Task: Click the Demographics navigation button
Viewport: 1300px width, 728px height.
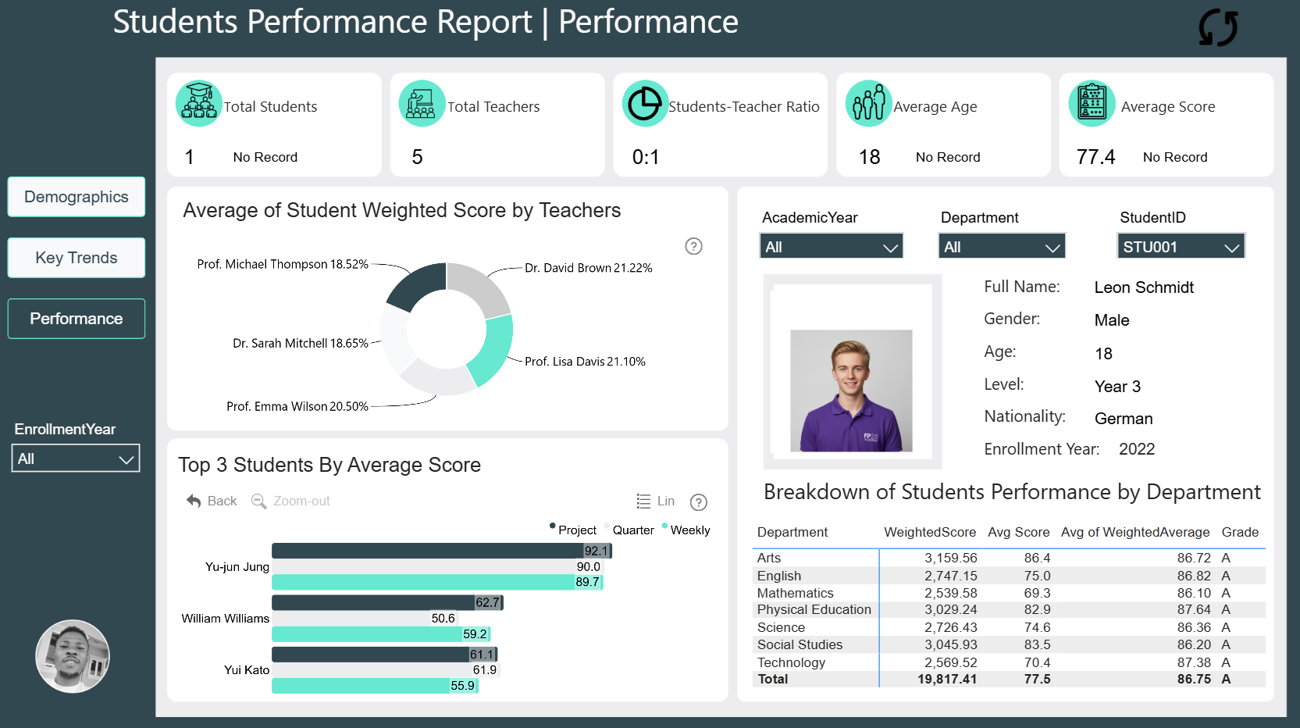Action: click(x=76, y=197)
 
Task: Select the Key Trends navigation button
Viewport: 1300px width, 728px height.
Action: click(x=76, y=258)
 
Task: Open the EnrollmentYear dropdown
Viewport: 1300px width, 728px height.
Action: click(x=76, y=459)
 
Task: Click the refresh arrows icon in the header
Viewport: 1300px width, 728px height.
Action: click(x=1217, y=27)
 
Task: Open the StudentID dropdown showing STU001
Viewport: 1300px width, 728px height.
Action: click(x=1181, y=247)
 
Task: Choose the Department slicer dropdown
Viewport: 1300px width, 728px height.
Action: click(x=1002, y=247)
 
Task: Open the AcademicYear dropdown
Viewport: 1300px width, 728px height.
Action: click(x=831, y=247)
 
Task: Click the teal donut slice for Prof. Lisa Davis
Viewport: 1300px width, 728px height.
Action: click(x=494, y=348)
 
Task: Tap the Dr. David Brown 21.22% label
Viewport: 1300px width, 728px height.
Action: click(x=589, y=268)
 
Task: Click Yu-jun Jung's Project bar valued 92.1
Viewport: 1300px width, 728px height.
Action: click(x=441, y=551)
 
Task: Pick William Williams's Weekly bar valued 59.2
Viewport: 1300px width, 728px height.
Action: click(x=381, y=634)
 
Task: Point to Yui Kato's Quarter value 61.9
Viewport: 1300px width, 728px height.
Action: click(x=485, y=670)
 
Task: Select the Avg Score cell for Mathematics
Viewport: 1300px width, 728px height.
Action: click(x=1037, y=593)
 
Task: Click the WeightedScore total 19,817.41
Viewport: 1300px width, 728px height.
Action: click(x=947, y=680)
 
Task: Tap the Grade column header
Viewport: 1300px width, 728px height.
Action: click(x=1240, y=532)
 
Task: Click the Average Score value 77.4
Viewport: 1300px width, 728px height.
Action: click(x=1095, y=157)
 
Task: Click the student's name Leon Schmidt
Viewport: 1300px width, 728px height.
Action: click(x=1144, y=287)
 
